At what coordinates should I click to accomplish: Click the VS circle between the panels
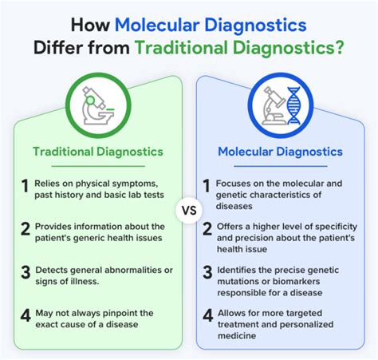(x=189, y=211)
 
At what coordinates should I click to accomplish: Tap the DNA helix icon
(x=293, y=106)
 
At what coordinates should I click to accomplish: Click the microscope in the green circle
(x=97, y=105)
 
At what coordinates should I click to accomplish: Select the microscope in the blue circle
(x=274, y=106)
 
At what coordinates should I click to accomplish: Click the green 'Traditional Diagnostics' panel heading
(x=98, y=152)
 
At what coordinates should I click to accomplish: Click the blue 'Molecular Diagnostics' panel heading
(x=280, y=152)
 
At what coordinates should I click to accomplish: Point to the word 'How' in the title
(x=90, y=26)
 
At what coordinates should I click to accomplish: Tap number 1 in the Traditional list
(x=25, y=186)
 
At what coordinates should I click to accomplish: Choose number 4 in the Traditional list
(x=26, y=315)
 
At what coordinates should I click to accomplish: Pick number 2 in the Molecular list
(x=207, y=229)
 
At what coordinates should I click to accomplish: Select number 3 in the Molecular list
(x=207, y=272)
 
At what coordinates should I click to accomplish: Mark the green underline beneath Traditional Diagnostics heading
(x=98, y=166)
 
